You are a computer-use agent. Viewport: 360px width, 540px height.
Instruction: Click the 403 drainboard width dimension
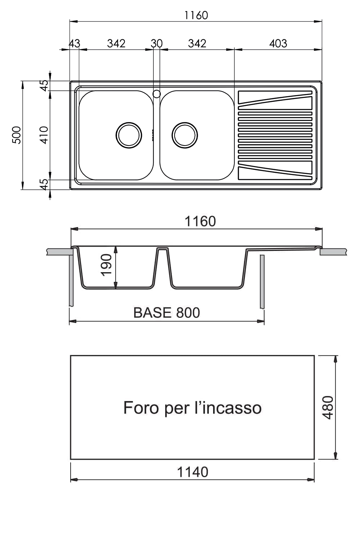click(278, 44)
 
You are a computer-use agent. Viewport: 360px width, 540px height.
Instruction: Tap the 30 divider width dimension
click(157, 44)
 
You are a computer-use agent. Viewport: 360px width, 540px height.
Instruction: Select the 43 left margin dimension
click(74, 44)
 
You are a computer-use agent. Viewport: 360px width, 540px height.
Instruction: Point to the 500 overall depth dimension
click(17, 135)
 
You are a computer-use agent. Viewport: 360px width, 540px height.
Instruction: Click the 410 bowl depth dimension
click(44, 135)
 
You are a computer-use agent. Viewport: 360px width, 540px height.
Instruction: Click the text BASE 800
click(167, 313)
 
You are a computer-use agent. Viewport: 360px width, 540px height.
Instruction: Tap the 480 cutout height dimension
click(328, 408)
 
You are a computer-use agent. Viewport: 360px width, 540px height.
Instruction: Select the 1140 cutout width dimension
click(192, 472)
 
